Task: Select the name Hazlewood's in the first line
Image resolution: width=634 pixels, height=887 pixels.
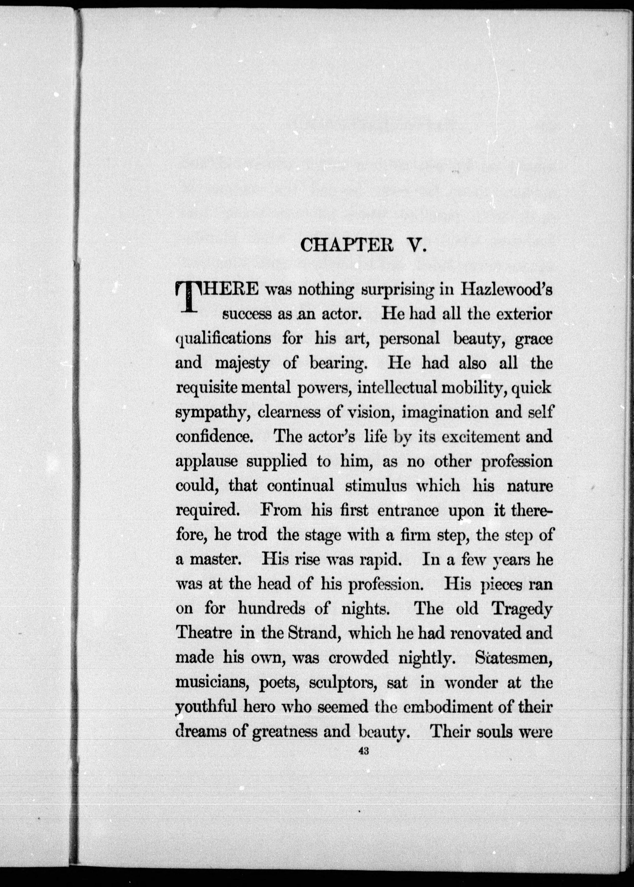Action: [506, 290]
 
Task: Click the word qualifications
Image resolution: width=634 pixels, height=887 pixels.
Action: [223, 339]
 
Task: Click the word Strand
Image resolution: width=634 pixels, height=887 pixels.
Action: [315, 633]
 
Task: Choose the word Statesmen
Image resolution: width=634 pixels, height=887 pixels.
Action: [514, 658]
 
